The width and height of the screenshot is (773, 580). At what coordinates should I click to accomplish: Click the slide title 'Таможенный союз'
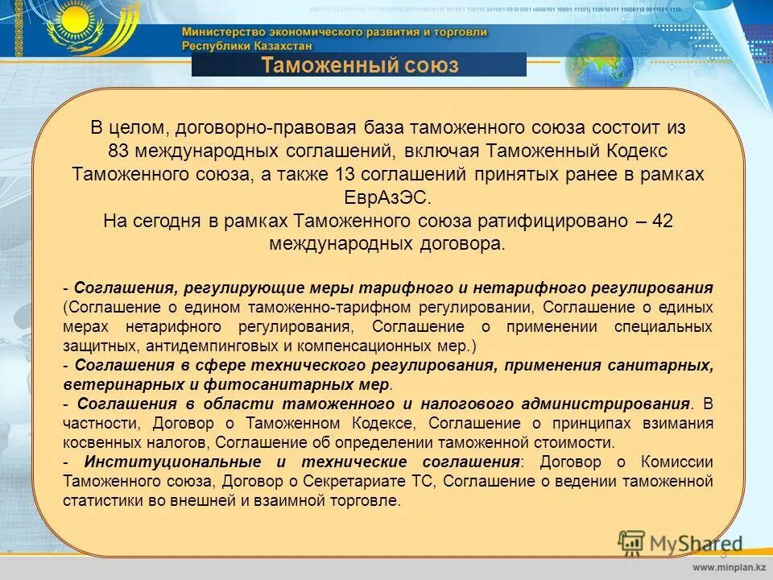359,65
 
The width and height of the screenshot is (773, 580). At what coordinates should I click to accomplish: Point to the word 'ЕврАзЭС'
388,197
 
